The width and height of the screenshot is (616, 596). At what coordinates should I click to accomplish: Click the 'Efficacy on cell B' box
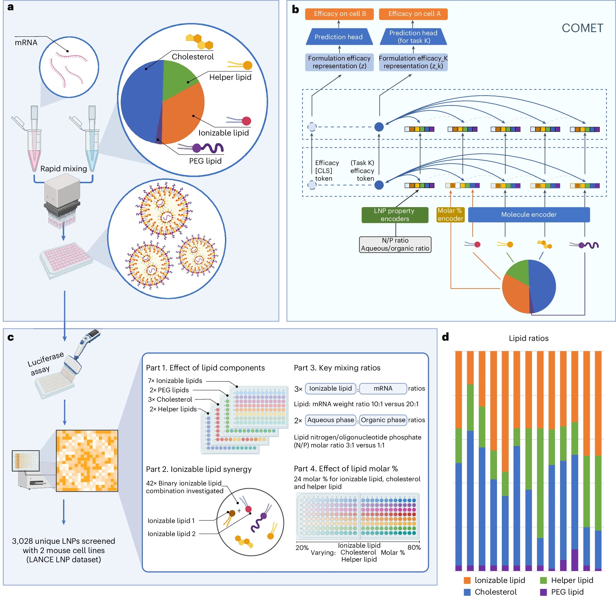(x=339, y=14)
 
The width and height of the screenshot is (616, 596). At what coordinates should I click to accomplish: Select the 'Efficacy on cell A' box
(x=413, y=14)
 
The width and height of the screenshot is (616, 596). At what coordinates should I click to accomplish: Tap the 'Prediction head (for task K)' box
(x=413, y=37)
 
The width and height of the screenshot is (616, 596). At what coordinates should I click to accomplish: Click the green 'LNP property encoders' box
(x=395, y=215)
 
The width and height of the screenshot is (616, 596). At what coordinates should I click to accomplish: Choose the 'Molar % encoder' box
(x=450, y=215)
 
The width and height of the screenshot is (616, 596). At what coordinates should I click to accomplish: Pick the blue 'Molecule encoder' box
(x=529, y=215)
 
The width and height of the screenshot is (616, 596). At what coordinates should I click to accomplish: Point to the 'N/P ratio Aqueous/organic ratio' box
(x=395, y=244)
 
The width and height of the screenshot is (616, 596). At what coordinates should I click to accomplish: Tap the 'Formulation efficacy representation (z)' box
(x=339, y=62)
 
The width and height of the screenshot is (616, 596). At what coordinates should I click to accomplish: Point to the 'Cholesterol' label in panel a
(x=192, y=57)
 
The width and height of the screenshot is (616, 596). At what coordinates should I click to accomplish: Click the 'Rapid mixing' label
(x=64, y=169)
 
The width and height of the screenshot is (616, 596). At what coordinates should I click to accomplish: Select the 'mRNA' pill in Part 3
(x=383, y=389)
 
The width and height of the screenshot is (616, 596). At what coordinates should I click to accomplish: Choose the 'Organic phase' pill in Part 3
(x=383, y=420)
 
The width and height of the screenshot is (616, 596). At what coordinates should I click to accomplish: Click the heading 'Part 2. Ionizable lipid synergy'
(x=199, y=469)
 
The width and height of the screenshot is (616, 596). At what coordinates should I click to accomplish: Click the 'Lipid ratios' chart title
(x=529, y=338)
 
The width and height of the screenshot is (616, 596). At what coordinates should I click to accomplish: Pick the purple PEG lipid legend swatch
(x=543, y=592)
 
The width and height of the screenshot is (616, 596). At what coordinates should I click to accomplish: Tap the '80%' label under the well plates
(x=414, y=547)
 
